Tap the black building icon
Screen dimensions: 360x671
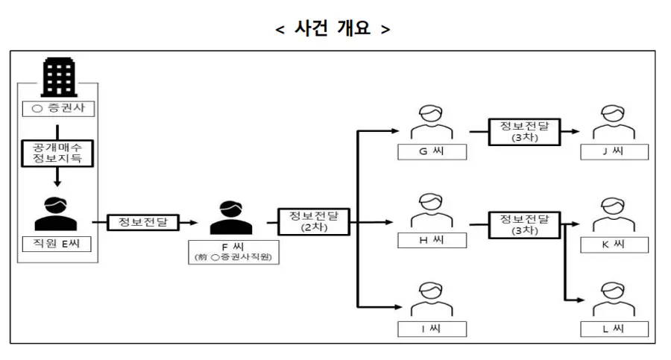click(x=57, y=77)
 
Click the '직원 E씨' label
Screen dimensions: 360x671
click(x=57, y=244)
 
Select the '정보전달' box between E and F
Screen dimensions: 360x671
click(x=143, y=221)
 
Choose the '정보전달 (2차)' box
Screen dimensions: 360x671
click(x=314, y=221)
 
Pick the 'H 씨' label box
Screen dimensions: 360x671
click(x=432, y=240)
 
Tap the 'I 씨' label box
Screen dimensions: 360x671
click(x=432, y=328)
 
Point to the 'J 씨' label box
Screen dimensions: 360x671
click(x=615, y=152)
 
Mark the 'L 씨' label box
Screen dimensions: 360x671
click(x=615, y=329)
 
